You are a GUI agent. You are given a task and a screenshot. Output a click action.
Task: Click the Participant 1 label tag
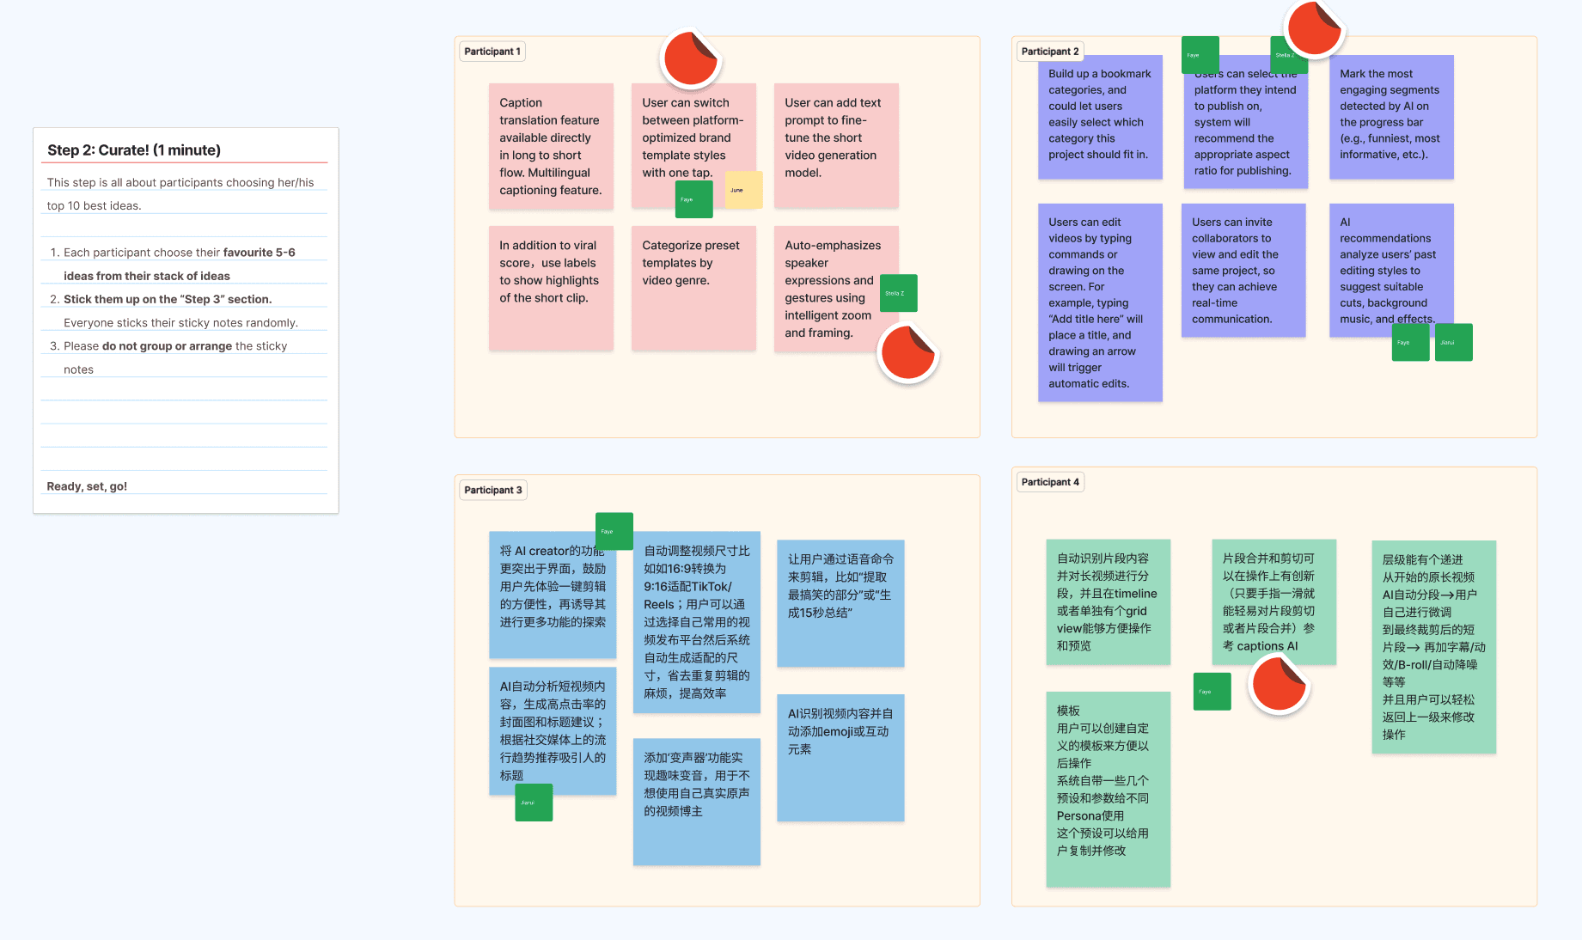click(492, 52)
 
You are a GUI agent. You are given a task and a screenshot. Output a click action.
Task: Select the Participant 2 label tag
click(1049, 52)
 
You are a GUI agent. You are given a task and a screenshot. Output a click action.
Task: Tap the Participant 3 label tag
click(492, 490)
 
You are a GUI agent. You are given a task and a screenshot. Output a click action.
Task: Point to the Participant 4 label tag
click(1049, 482)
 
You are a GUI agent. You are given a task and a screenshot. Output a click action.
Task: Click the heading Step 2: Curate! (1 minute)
click(134, 150)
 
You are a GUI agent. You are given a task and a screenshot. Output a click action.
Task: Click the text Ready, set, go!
click(87, 486)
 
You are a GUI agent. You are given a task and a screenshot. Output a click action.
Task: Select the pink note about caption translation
click(551, 146)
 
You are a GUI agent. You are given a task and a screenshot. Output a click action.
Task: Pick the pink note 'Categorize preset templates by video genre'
click(693, 288)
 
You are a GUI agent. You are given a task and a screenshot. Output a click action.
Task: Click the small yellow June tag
click(743, 190)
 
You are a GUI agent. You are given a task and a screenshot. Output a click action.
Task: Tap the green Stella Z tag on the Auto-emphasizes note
click(898, 293)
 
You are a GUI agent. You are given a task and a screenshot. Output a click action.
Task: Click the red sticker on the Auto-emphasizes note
click(907, 352)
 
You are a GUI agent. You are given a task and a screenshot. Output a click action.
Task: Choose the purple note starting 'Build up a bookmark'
click(1100, 117)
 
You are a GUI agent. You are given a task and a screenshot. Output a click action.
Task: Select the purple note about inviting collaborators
click(1243, 270)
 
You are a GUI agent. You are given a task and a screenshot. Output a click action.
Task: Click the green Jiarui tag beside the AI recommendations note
click(1454, 342)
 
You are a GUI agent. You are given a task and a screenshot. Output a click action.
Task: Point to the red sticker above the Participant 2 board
click(1314, 28)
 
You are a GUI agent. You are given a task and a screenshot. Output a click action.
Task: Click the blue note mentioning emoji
click(840, 757)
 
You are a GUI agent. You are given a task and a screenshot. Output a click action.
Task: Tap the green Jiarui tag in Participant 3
click(534, 803)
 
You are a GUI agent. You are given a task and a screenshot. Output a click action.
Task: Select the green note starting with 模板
click(1108, 789)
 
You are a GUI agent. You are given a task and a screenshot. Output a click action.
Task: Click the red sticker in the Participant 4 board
click(1279, 684)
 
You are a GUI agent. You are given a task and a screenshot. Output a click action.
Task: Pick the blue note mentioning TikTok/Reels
click(696, 621)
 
